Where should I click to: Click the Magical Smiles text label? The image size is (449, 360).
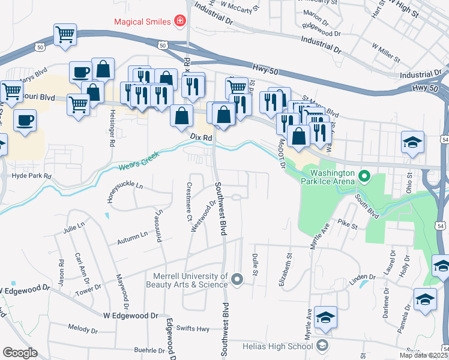click(142, 22)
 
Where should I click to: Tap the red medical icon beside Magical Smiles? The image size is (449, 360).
click(179, 22)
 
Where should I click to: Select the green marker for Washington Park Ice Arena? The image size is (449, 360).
click(364, 177)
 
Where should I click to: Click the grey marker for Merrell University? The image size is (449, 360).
click(238, 279)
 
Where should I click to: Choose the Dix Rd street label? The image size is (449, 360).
click(202, 137)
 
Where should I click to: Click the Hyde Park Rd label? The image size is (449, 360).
click(32, 176)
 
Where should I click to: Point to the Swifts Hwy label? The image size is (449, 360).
click(193, 329)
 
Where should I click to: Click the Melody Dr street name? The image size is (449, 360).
click(83, 329)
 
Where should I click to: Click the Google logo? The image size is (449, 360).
click(20, 353)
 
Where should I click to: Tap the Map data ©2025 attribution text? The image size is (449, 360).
click(423, 355)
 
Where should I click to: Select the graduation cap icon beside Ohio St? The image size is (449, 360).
click(412, 143)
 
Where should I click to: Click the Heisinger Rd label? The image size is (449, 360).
click(112, 131)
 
